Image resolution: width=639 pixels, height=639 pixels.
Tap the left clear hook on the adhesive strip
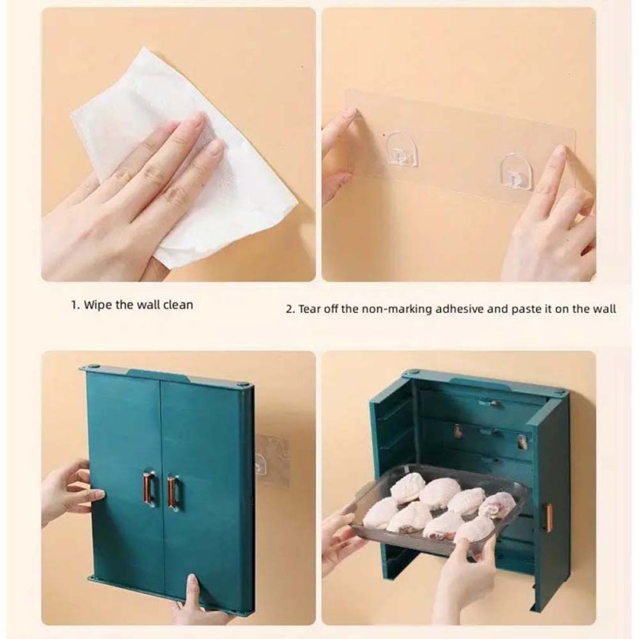[402, 149]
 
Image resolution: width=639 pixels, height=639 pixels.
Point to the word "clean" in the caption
[178, 305]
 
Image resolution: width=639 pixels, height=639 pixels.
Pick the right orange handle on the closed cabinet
[173, 490]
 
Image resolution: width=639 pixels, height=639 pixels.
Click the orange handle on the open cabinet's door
[549, 517]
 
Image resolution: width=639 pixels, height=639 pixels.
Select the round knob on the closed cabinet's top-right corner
[243, 384]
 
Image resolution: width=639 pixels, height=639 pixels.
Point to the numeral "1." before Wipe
[76, 305]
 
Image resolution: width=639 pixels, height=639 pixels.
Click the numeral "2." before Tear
[290, 309]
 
